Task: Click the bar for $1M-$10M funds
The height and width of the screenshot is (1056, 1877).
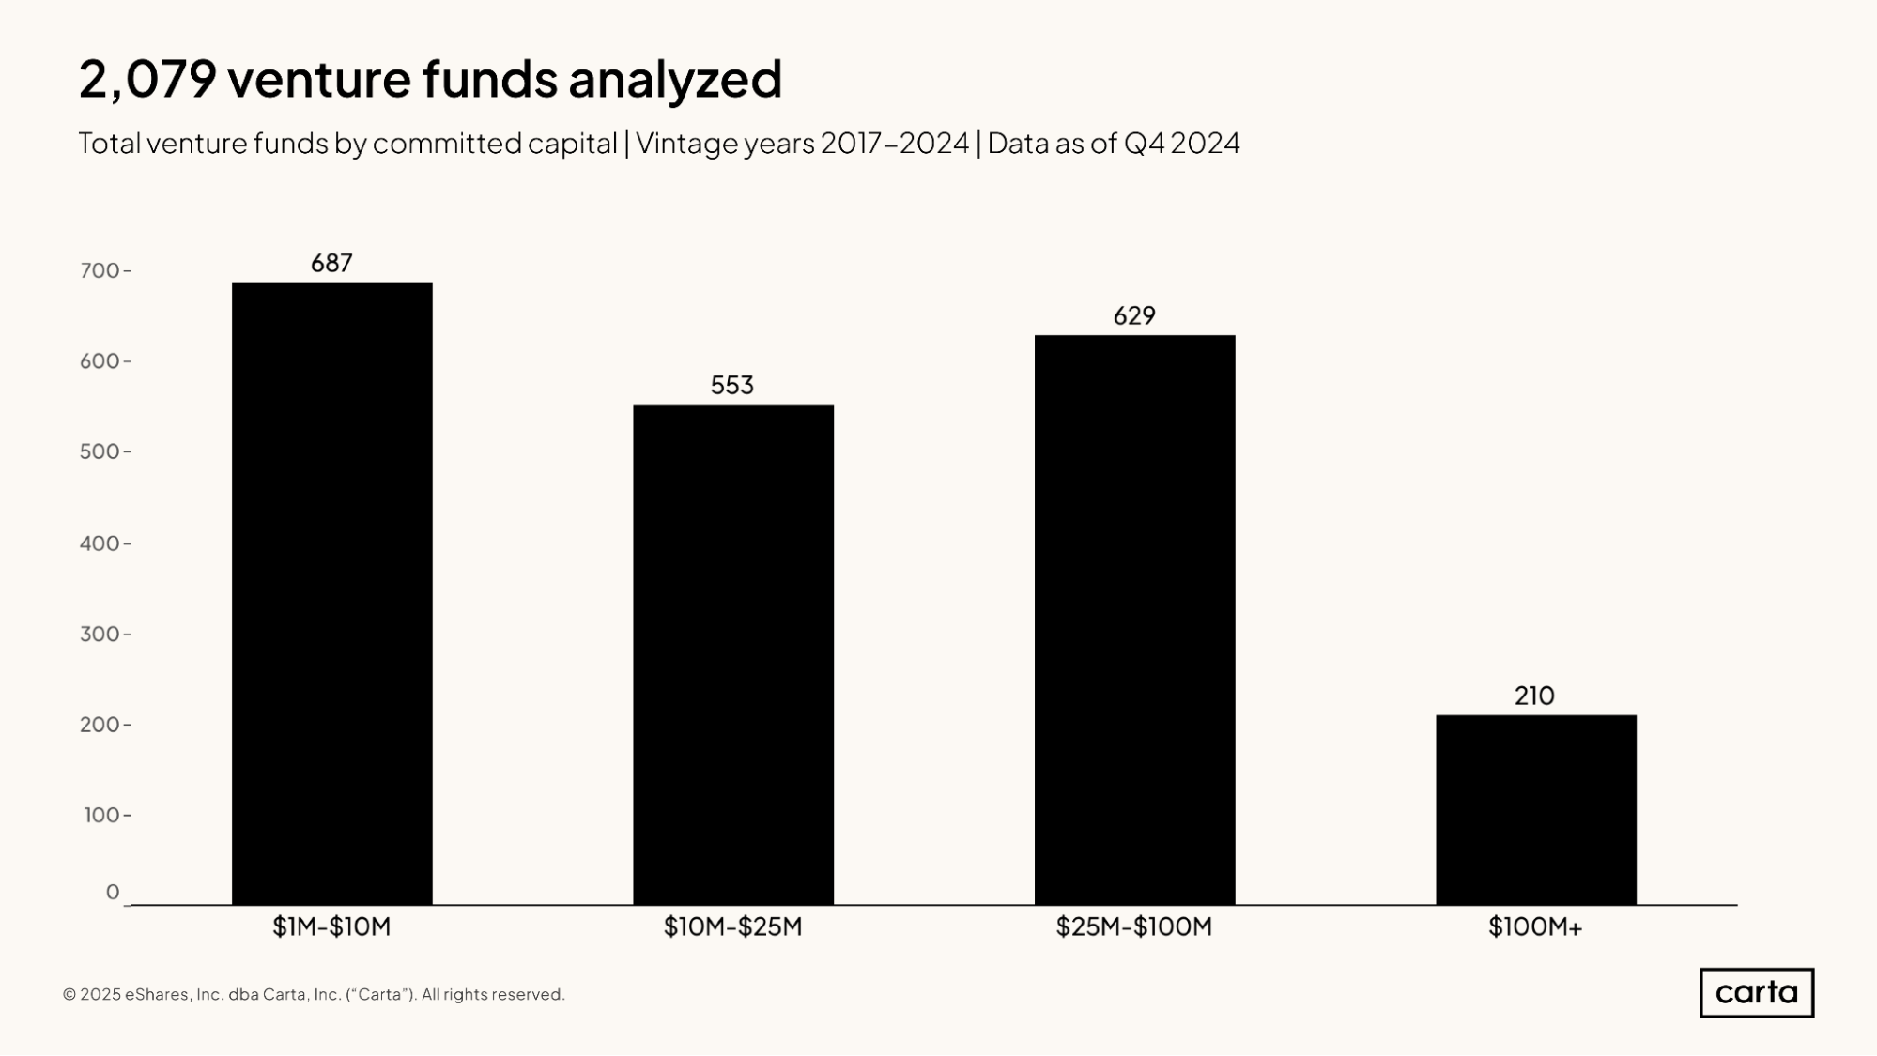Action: click(331, 593)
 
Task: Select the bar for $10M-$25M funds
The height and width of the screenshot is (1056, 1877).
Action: click(732, 654)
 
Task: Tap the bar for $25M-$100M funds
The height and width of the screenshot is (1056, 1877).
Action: click(1134, 620)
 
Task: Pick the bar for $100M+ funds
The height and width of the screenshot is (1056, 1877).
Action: click(1535, 809)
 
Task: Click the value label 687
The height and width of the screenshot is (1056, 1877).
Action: click(331, 263)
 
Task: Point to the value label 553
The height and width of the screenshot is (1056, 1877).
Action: click(732, 385)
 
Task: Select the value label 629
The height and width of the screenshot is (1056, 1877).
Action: click(1134, 315)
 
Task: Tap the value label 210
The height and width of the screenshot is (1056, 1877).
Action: click(1534, 696)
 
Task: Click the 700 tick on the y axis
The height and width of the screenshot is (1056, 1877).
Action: click(100, 271)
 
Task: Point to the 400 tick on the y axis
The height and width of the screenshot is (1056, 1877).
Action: click(100, 543)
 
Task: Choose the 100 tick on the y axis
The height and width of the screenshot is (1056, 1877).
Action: click(102, 815)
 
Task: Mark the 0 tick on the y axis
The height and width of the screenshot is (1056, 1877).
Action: click(113, 892)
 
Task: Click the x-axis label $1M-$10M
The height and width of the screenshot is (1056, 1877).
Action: click(331, 927)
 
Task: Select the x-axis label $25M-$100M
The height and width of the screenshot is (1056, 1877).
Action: click(1134, 927)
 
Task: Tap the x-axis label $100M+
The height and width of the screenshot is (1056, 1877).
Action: click(1535, 927)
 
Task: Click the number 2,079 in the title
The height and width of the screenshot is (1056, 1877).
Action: click(147, 79)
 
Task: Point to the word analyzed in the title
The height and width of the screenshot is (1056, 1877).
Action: click(674, 79)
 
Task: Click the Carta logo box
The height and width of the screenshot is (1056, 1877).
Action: click(1757, 992)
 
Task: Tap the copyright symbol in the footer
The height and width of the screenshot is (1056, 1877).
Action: click(69, 995)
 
